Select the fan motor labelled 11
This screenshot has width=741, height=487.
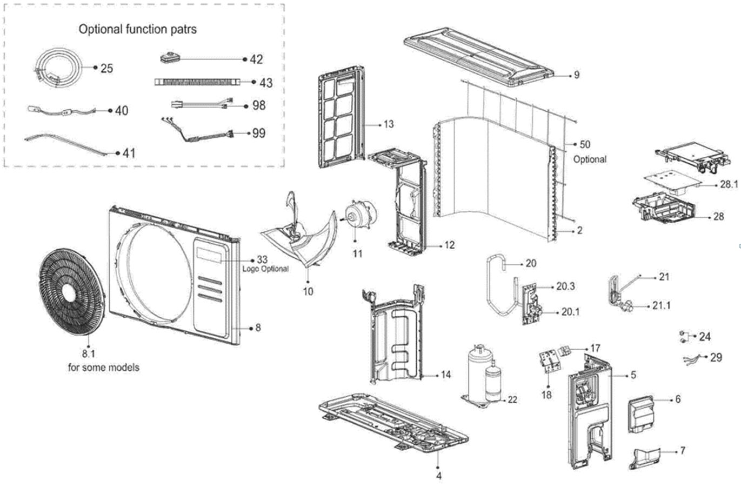[358, 216]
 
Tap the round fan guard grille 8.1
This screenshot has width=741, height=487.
[71, 292]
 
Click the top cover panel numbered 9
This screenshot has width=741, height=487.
[478, 56]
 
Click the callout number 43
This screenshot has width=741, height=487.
[265, 83]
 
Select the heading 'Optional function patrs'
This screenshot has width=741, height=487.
[138, 29]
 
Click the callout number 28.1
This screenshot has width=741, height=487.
[729, 184]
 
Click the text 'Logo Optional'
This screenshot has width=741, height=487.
[265, 269]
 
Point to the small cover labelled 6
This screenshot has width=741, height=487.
[642, 414]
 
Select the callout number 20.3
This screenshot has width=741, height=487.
[565, 286]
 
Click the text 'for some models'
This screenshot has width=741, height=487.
[104, 368]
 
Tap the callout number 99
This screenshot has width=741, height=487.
[259, 134]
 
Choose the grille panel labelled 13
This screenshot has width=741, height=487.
[342, 118]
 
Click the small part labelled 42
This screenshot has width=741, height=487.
[170, 58]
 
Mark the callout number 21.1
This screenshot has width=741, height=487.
[661, 306]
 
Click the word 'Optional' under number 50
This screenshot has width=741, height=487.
[590, 159]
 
